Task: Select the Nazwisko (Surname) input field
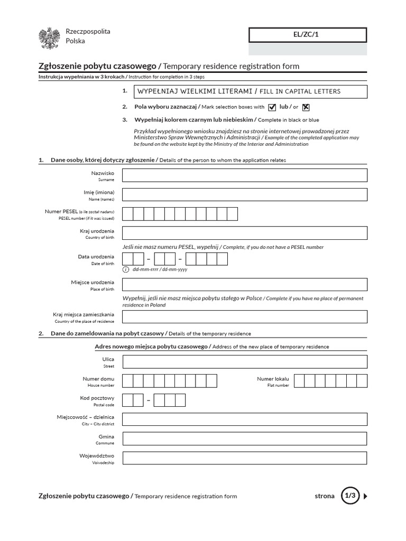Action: click(x=244, y=175)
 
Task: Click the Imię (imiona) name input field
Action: click(x=244, y=194)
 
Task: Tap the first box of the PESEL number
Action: click(x=127, y=214)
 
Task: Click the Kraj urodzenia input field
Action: click(x=244, y=233)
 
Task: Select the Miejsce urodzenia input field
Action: click(x=244, y=285)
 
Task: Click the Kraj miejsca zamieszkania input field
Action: click(x=244, y=316)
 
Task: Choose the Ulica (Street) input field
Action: click(x=244, y=361)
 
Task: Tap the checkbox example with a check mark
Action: click(x=272, y=107)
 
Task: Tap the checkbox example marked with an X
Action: click(x=306, y=107)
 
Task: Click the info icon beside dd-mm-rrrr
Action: click(x=126, y=269)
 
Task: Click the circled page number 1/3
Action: click(x=350, y=496)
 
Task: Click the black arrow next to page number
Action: click(x=366, y=496)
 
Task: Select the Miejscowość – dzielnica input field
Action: click(x=244, y=419)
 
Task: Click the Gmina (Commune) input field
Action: click(x=244, y=439)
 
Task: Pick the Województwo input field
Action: click(x=244, y=458)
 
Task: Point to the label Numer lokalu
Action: click(x=273, y=379)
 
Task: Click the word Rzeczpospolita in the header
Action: click(x=88, y=32)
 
